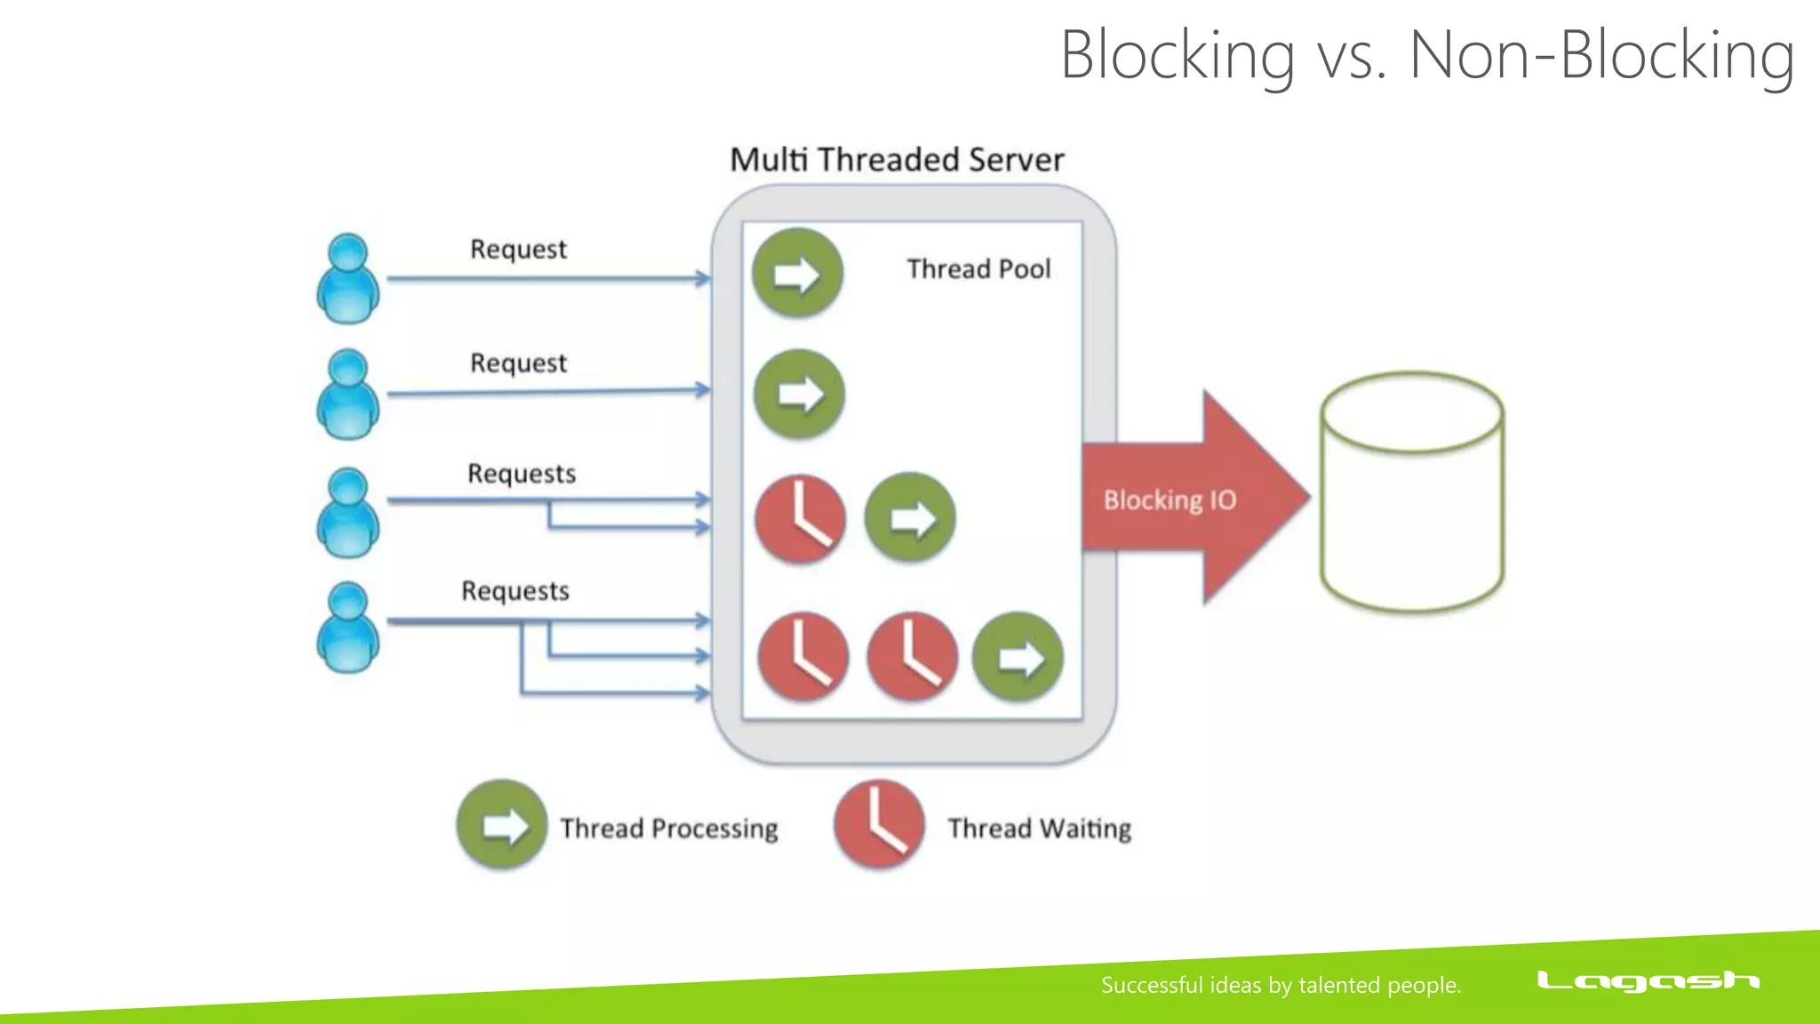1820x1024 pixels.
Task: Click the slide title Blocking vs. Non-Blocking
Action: (x=1426, y=55)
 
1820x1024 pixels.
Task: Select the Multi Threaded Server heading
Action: (x=897, y=160)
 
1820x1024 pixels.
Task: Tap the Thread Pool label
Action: (x=978, y=268)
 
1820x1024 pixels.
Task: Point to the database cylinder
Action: (x=1411, y=493)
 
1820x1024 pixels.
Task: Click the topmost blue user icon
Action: (x=348, y=279)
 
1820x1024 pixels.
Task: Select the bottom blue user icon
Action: (x=348, y=627)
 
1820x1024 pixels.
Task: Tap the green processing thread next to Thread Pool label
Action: (x=797, y=274)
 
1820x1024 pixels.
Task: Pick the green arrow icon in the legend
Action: (x=502, y=825)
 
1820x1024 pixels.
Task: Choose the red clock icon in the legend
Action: (x=879, y=824)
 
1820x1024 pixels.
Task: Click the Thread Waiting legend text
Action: (x=1039, y=828)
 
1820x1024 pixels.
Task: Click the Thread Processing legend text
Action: (x=668, y=828)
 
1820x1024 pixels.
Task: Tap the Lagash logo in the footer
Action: (x=1648, y=981)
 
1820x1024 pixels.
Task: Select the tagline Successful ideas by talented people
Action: (x=1281, y=985)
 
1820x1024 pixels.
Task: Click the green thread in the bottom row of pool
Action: (x=1018, y=657)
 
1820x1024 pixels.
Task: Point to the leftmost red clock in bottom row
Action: (x=802, y=657)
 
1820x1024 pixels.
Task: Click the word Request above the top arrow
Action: (x=518, y=249)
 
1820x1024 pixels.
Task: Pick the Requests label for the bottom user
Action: (x=515, y=591)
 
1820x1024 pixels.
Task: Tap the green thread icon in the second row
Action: (x=799, y=394)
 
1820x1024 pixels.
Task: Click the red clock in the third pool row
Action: (x=800, y=519)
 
